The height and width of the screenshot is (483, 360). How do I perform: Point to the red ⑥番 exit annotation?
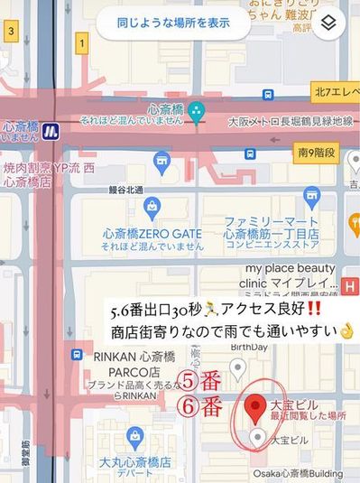coord(199,406)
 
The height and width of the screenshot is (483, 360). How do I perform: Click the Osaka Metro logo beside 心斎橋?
coord(54,131)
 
